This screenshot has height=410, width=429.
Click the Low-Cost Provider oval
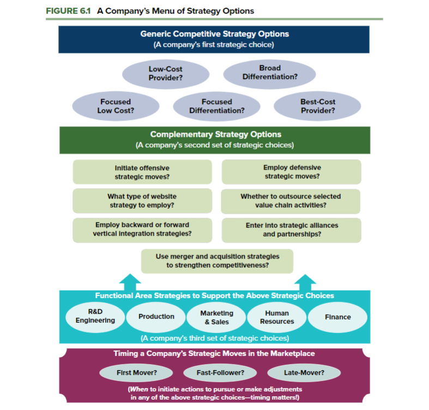165,74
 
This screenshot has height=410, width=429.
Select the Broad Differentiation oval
270,73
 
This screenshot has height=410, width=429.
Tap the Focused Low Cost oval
116,106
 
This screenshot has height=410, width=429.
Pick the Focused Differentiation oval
216,106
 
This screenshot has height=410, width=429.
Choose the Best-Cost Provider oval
317,106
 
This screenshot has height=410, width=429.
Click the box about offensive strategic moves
142,172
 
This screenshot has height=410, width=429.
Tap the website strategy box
142,201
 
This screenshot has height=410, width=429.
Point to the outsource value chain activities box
291,201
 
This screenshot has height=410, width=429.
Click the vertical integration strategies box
142,230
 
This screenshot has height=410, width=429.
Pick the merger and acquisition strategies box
217,261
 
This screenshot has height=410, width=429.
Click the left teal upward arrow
130,281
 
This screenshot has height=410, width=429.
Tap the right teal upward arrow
304,281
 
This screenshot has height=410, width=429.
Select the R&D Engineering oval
95,316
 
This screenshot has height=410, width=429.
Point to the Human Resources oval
277,317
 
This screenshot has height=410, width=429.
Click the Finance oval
337,317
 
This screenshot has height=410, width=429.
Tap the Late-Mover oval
304,373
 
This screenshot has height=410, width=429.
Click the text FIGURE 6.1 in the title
69,11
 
